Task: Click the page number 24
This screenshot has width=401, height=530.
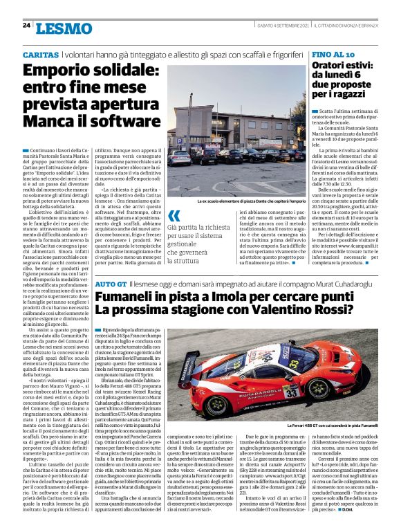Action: pos(26,25)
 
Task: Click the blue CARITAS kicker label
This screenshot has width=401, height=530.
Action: pos(41,54)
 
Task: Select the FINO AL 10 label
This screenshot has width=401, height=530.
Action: pos(333,54)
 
